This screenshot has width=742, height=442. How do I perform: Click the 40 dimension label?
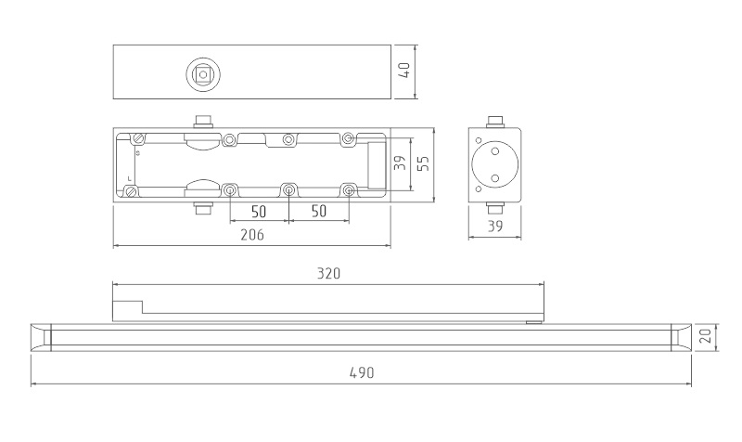[404, 71]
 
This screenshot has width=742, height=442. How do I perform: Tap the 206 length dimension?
[252, 235]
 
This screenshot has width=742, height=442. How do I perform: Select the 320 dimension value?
[328, 273]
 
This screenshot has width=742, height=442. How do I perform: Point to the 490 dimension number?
[362, 373]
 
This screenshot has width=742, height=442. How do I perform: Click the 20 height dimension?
[705, 336]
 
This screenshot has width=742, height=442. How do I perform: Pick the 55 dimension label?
[424, 163]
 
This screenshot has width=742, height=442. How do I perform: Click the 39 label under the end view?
[495, 227]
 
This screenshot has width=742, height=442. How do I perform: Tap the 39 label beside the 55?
[401, 163]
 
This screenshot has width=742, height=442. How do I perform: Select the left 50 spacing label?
[259, 212]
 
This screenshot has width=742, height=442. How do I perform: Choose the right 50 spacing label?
[319, 212]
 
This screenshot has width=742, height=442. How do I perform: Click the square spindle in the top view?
[203, 74]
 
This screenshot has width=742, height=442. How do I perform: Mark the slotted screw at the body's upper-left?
[138, 138]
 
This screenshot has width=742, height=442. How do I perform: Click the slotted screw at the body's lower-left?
[131, 192]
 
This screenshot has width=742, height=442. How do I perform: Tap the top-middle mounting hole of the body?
[288, 139]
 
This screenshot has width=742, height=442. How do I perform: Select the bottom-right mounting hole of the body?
[349, 191]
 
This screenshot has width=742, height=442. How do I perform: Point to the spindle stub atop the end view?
[495, 122]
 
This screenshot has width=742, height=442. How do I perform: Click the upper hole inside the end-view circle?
[495, 151]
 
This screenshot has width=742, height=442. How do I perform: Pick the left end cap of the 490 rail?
[41, 338]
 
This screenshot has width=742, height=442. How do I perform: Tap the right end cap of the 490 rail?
[682, 338]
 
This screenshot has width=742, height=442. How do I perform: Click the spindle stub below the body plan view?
[203, 208]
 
